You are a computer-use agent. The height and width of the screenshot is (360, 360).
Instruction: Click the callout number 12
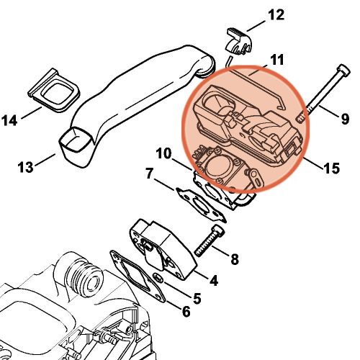tap(256, 15)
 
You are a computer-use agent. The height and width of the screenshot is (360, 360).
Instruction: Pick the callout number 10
tap(161, 153)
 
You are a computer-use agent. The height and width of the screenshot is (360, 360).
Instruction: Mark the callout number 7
tap(150, 173)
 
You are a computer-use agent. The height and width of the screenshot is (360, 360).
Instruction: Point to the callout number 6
tap(185, 311)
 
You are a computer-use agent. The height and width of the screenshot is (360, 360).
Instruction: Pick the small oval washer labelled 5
tap(157, 279)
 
